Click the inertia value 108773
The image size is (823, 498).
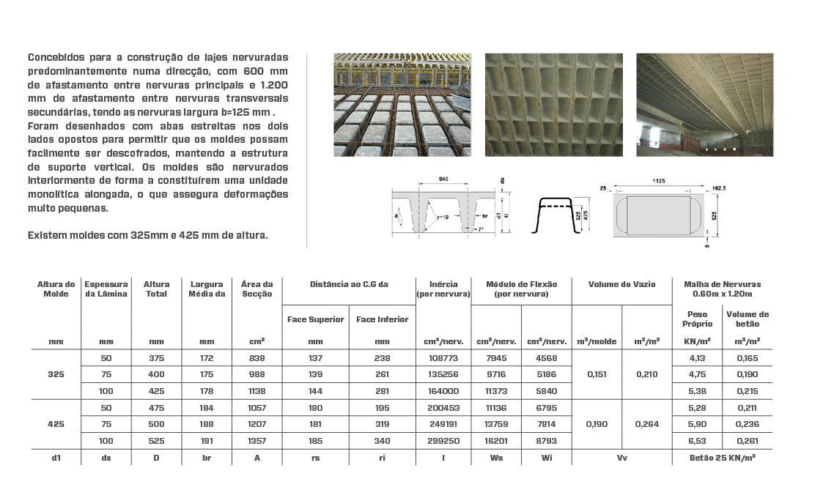point(443,358)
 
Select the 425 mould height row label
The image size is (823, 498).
point(56,424)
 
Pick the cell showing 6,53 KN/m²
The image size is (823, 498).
point(697,442)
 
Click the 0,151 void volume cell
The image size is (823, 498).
point(597,373)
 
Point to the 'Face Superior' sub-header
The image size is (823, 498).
point(315,319)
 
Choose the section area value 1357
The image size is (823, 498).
point(257,442)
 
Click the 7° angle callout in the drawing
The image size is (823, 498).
point(479,229)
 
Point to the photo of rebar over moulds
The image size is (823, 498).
point(402,104)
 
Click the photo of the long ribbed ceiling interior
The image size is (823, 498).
point(704,104)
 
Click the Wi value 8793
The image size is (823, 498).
point(546,442)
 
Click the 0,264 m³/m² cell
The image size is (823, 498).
point(646,424)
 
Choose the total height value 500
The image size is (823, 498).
point(156,424)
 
